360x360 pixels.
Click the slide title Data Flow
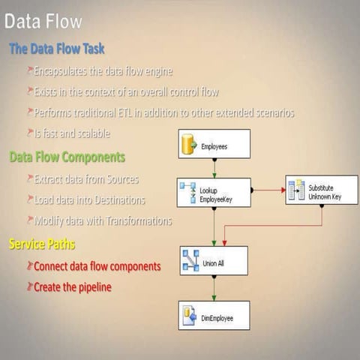tap(43, 21)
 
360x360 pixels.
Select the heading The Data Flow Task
tap(57, 49)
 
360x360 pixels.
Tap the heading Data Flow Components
tap(67, 157)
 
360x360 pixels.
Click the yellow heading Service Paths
tap(42, 244)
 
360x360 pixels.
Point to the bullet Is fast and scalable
tap(72, 133)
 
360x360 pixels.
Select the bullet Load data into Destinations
tap(90, 200)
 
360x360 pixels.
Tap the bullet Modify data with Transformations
tap(103, 220)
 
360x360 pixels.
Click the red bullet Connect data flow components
tap(97, 266)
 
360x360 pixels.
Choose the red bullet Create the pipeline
tap(73, 286)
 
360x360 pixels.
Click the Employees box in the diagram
tap(214, 144)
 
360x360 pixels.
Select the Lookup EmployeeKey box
tap(214, 192)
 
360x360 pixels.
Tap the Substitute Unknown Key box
tap(321, 190)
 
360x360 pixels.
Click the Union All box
tap(214, 260)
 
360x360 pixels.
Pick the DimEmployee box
tap(214, 316)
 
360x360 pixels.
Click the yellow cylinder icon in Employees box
tap(189, 144)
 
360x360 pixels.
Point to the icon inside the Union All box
tap(191, 260)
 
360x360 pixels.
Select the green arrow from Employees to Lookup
tap(214, 168)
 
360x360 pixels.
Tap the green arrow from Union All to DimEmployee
tap(214, 288)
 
